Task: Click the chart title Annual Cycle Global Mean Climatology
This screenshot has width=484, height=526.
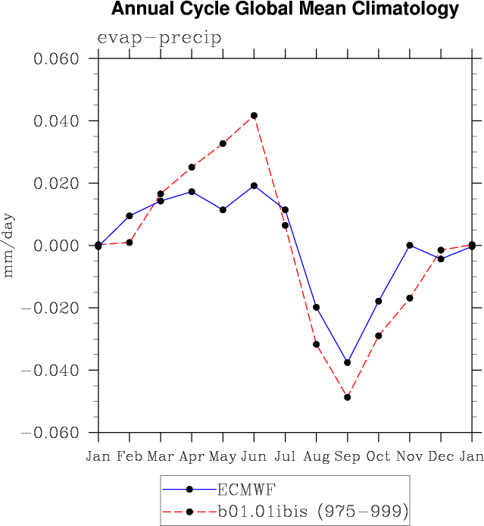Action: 285,10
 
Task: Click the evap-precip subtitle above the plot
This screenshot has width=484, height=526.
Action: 159,39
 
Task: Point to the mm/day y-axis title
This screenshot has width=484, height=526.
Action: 9,246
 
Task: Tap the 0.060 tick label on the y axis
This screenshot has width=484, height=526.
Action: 58,59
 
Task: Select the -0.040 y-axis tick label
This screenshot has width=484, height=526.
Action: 52,371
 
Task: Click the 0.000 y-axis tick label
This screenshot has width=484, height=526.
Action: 58,246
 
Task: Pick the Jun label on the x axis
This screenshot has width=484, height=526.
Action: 254,456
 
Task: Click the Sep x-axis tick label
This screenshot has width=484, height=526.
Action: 347,456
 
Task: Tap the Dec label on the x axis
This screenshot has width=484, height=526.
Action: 441,456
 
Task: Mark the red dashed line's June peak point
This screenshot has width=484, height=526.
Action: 254,115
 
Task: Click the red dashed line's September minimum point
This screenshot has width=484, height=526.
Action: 347,397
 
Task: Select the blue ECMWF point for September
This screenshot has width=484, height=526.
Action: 347,362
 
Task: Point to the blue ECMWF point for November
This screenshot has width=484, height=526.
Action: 410,245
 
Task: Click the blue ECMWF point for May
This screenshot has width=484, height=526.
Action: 223,209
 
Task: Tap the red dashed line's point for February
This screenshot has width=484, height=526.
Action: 130,243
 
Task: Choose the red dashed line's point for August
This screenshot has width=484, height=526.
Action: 316,344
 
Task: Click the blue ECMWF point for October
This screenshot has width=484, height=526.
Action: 379,301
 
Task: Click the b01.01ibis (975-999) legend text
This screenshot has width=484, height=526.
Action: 312,512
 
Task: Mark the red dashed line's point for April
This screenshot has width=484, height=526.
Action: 192,167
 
